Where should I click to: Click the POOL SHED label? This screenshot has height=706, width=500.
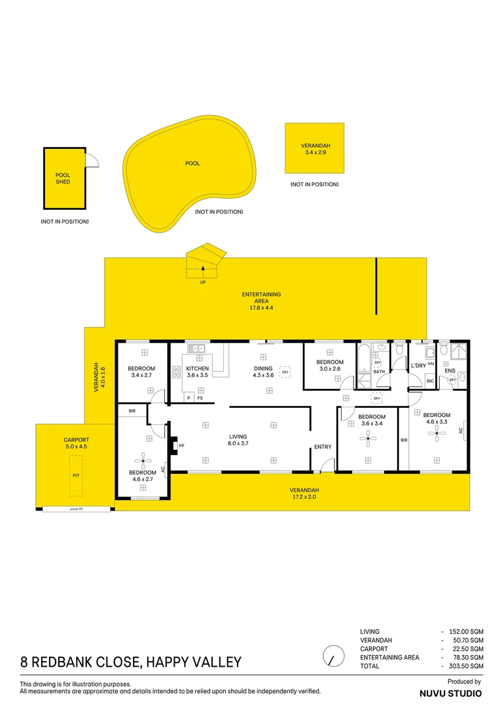pyautogui.click(x=63, y=178)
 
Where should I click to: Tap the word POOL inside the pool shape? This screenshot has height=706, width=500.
pyautogui.click(x=192, y=163)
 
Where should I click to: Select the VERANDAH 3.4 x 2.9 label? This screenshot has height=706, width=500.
pyautogui.click(x=315, y=149)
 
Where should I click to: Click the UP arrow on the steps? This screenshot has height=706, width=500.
pyautogui.click(x=204, y=267)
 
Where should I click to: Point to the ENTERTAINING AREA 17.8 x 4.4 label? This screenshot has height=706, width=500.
pyautogui.click(x=261, y=301)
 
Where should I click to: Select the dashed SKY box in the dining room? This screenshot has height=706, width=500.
pyautogui.click(x=285, y=372)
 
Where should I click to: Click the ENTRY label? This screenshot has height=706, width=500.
pyautogui.click(x=323, y=447)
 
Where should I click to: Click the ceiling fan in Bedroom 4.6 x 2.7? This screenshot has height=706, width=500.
pyautogui.click(x=143, y=458)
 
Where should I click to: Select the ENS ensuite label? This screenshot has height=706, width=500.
pyautogui.click(x=450, y=371)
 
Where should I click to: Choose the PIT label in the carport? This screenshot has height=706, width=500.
pyautogui.click(x=76, y=475)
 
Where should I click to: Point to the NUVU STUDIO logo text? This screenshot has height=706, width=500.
pyautogui.click(x=450, y=693)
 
